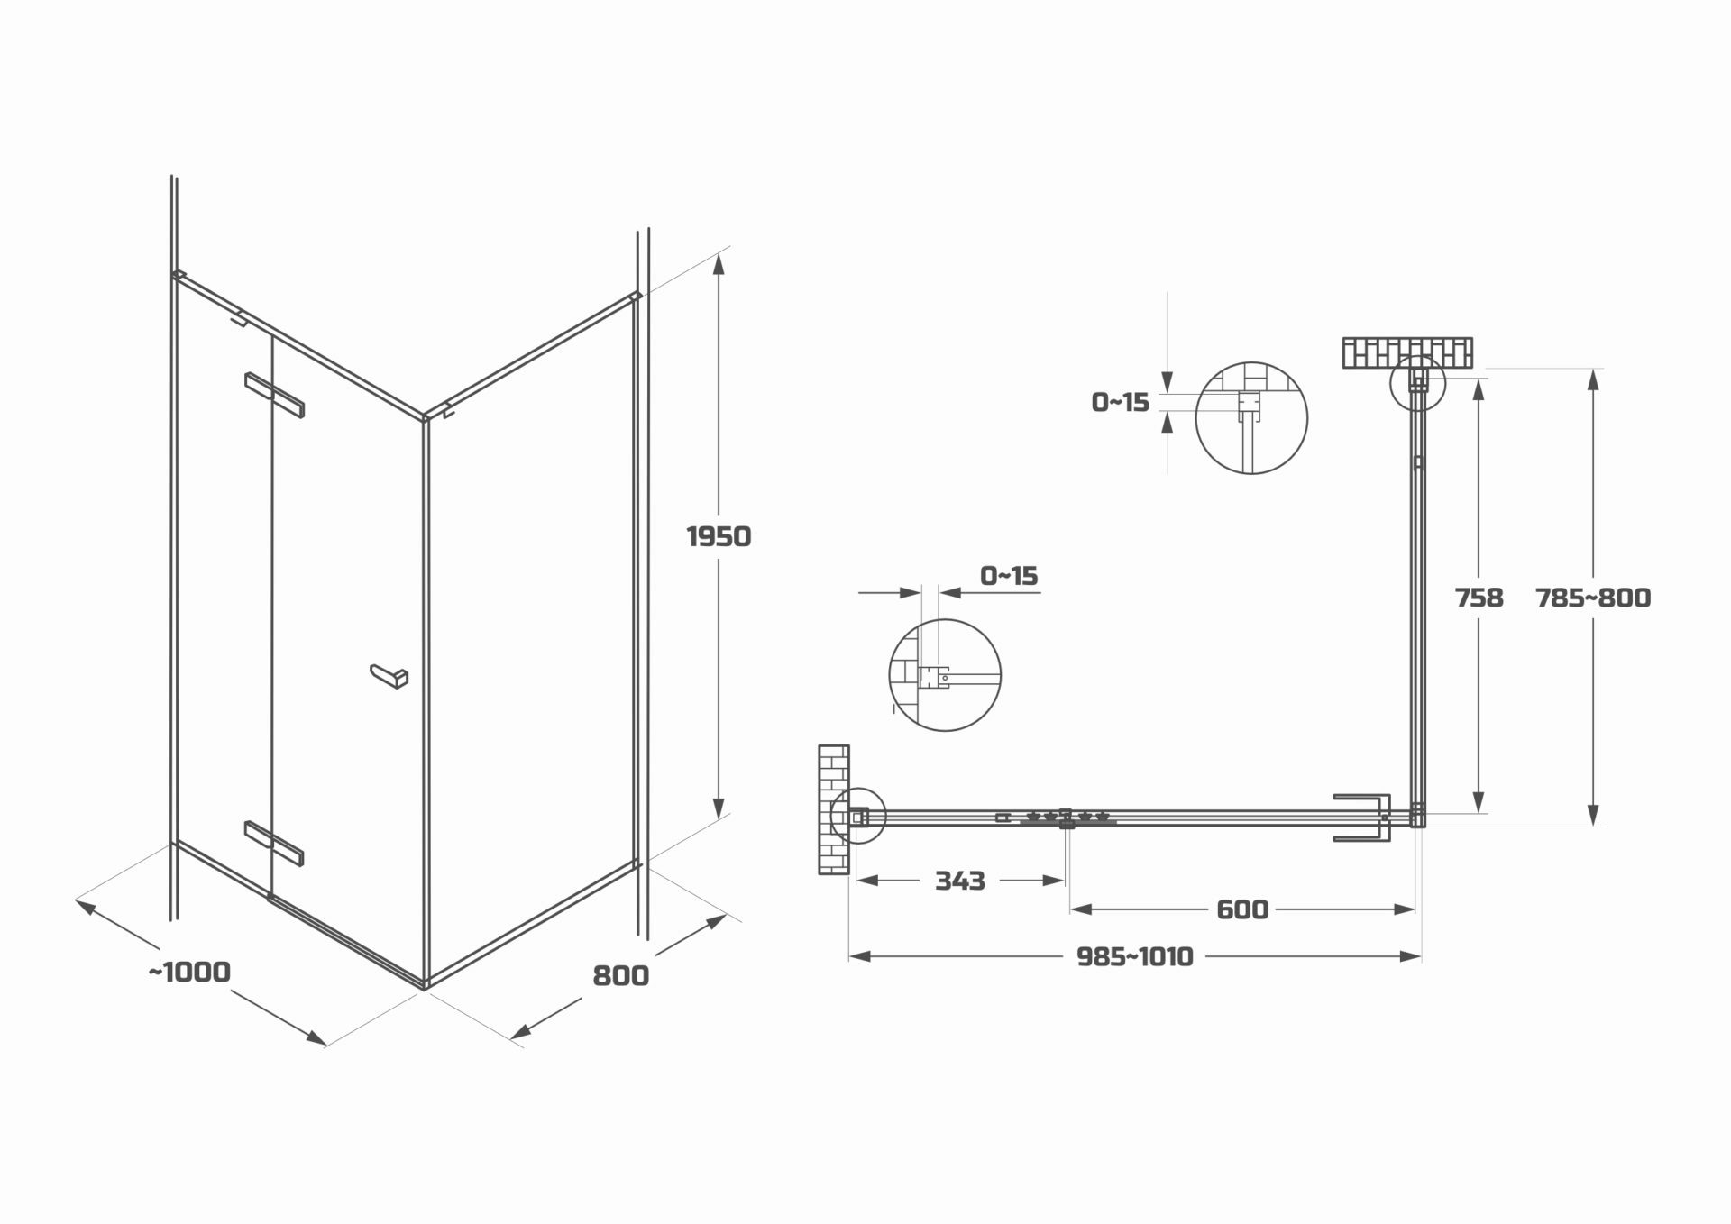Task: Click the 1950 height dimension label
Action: [x=719, y=537]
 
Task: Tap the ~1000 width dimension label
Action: [x=189, y=972]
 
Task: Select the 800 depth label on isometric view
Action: [x=620, y=975]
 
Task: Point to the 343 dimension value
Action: [x=959, y=881]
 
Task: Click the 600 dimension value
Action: [x=1242, y=909]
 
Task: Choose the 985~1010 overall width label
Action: [x=1135, y=956]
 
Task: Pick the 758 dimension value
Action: [x=1479, y=598]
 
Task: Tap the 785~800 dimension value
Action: [x=1593, y=598]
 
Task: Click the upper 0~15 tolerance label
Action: [x=1121, y=402]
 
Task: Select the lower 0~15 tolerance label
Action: [x=1009, y=575]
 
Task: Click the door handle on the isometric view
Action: [x=389, y=675]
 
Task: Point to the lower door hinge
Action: [x=274, y=843]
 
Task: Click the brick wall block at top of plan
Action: [x=1406, y=352]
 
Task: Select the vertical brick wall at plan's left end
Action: [x=834, y=808]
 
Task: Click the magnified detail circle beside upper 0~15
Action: [x=1250, y=418]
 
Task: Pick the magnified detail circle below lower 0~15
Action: [x=945, y=674]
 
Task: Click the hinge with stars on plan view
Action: [x=1067, y=818]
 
